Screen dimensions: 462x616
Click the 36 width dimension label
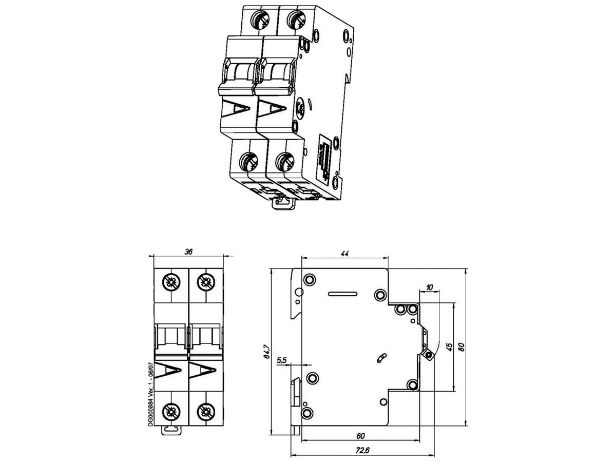pyautogui.click(x=189, y=252)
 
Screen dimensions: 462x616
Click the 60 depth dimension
pyautogui.click(x=360, y=436)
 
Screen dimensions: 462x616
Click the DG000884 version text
pyautogui.click(x=149, y=393)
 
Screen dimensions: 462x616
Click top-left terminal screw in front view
pyautogui.click(x=171, y=282)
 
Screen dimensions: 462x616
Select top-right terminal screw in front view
pyautogui.click(x=206, y=282)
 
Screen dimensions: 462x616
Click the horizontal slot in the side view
pyautogui.click(x=344, y=294)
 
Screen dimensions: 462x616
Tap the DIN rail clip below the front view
pyautogui.click(x=172, y=430)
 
